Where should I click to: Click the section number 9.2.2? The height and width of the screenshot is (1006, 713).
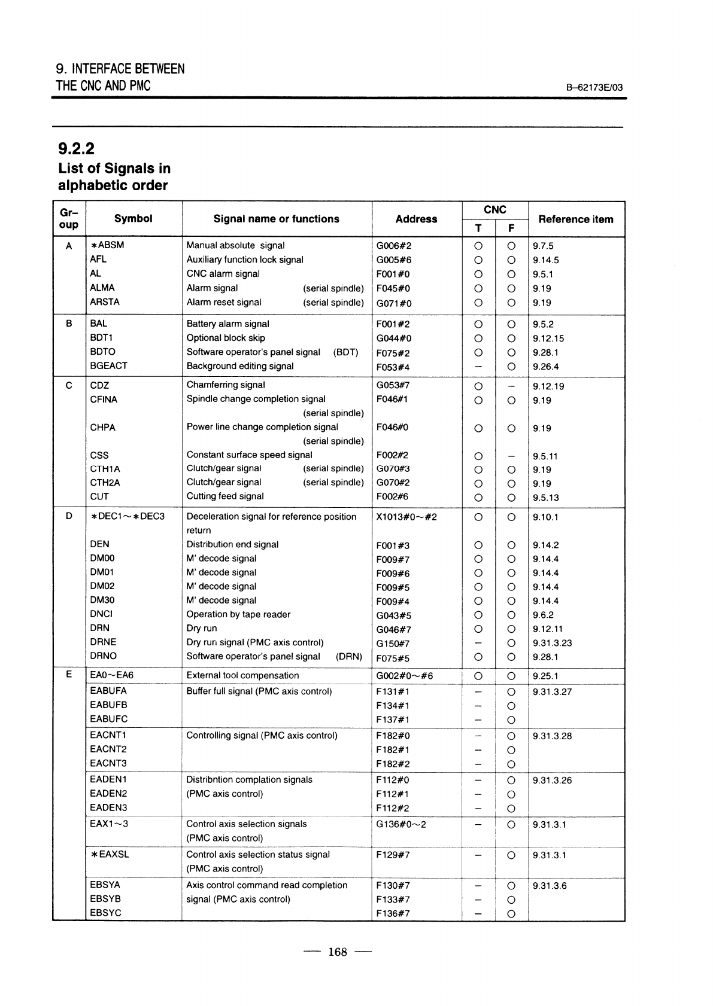(x=76, y=147)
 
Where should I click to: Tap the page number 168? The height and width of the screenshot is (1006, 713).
(x=338, y=952)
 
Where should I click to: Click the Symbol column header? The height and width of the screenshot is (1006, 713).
(x=133, y=219)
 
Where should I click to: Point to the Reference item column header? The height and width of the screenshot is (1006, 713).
(x=575, y=220)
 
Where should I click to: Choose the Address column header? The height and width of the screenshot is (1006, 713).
(x=416, y=220)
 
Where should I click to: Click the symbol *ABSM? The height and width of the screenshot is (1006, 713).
(x=107, y=245)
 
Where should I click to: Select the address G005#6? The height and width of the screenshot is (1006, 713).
(x=393, y=260)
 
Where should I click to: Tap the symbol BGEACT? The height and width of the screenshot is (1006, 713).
(x=108, y=365)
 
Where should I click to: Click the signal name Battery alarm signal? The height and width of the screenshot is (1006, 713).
(x=227, y=324)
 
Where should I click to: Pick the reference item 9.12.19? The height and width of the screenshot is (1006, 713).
(x=548, y=386)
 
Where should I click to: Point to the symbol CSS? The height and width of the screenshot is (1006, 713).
(x=99, y=455)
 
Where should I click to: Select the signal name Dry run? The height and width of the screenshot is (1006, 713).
(x=202, y=629)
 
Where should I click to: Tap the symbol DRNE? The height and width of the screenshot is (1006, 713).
(x=103, y=642)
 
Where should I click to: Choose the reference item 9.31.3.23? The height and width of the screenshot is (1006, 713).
(x=552, y=643)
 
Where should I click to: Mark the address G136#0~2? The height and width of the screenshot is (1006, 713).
(x=401, y=824)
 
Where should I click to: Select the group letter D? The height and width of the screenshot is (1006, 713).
(x=69, y=516)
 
